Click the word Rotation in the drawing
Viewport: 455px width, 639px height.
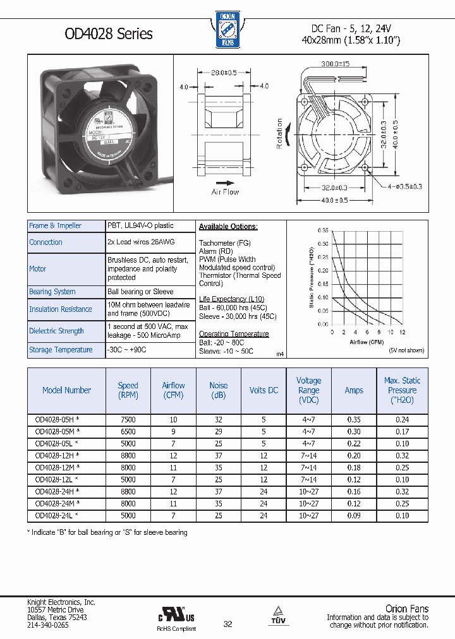tap(280, 134)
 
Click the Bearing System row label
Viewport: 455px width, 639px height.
tap(52, 292)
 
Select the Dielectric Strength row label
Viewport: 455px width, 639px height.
tap(56, 331)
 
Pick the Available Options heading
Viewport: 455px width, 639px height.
tap(228, 227)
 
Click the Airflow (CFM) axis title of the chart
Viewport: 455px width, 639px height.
tap(367, 342)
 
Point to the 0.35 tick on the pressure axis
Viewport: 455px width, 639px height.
tap(323, 231)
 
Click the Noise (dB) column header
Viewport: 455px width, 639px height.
tap(219, 390)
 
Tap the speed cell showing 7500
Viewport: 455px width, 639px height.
tap(128, 419)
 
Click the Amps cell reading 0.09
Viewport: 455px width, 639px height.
tap(354, 515)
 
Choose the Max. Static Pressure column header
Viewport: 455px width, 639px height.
tap(402, 390)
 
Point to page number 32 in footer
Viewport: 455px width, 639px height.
tap(228, 624)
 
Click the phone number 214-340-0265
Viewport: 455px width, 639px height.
tap(48, 625)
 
